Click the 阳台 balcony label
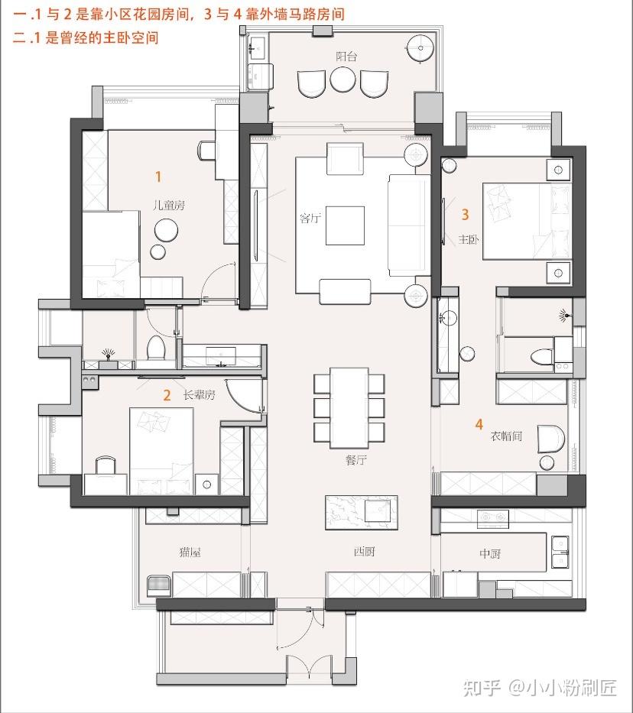click(x=346, y=57)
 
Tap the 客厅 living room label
click(x=310, y=219)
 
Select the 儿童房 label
click(x=169, y=205)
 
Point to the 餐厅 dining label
click(x=356, y=460)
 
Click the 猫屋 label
click(x=190, y=553)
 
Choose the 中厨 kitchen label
click(x=490, y=553)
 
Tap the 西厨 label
click(x=364, y=552)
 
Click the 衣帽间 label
click(x=506, y=436)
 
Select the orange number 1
click(x=158, y=177)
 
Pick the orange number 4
click(x=479, y=424)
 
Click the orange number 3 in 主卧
click(x=465, y=214)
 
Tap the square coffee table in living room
click(x=345, y=225)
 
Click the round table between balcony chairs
click(x=342, y=79)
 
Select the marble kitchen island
click(x=362, y=513)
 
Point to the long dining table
click(x=349, y=408)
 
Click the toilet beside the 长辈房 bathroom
click(x=155, y=348)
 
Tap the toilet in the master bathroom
click(x=542, y=356)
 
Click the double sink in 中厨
click(x=560, y=552)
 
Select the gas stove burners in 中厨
click(x=493, y=517)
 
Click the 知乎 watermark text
click(x=482, y=688)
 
